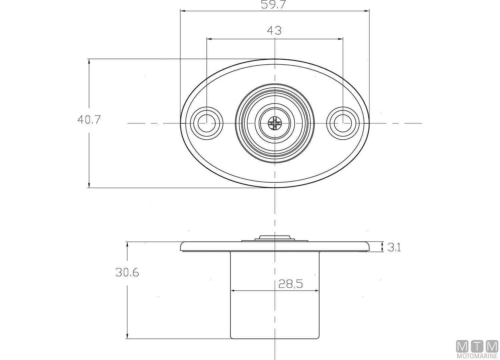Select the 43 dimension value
274,31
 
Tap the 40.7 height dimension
89,120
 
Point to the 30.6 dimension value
127,273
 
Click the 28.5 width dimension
291,284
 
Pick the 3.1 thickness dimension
394,248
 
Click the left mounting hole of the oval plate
206,123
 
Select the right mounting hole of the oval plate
343,123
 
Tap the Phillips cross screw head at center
275,123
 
